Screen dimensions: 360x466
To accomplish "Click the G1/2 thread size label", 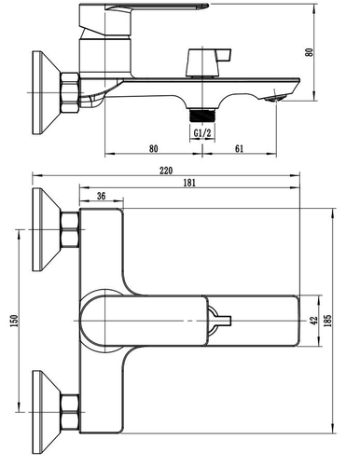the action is [x=202, y=133].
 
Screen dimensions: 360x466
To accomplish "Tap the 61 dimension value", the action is [x=239, y=149].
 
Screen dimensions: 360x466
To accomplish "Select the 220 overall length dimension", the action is [x=166, y=171].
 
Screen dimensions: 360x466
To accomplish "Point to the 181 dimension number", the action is [x=189, y=183].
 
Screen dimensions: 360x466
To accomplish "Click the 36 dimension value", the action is [x=101, y=196].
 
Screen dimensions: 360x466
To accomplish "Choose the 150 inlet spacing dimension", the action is [x=14, y=321].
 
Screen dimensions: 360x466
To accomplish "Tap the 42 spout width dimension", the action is [x=314, y=321].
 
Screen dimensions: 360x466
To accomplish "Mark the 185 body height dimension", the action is [x=327, y=321].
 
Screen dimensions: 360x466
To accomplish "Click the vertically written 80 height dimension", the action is [x=309, y=52].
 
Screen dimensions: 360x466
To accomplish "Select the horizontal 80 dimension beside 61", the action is [x=153, y=149].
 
